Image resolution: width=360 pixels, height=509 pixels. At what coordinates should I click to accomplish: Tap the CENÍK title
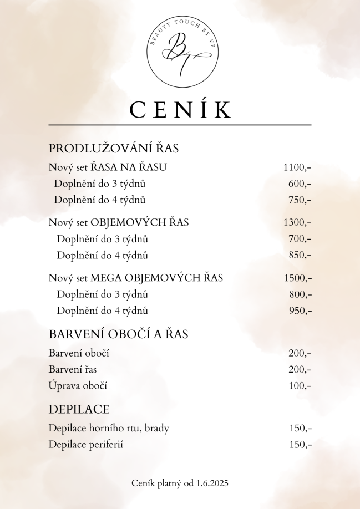pos(180,109)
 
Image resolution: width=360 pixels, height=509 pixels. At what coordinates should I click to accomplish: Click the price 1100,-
pos(297,167)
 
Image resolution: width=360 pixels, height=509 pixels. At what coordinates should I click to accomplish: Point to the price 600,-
pos(300,184)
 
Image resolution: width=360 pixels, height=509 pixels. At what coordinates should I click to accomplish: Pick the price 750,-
pos(300,200)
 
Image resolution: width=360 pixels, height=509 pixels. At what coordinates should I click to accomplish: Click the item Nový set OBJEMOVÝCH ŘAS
pos(119,222)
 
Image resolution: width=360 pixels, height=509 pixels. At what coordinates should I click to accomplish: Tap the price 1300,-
pos(297,222)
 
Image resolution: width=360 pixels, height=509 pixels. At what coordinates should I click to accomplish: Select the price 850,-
pos(300,255)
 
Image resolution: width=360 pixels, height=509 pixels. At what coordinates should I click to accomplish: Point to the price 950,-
pos(300,311)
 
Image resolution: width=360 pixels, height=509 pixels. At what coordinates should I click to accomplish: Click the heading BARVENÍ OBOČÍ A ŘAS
pos(119,334)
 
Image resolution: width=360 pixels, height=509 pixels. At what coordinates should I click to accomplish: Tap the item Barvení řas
pos(73,369)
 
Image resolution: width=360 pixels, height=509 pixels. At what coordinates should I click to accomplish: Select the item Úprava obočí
pos(78,385)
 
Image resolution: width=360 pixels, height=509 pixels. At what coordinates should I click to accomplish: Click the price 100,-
pos(300,385)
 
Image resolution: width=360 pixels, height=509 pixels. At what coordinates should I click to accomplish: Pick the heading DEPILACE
pos(79,410)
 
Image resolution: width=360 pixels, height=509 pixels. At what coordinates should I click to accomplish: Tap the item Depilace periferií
pos(86,444)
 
